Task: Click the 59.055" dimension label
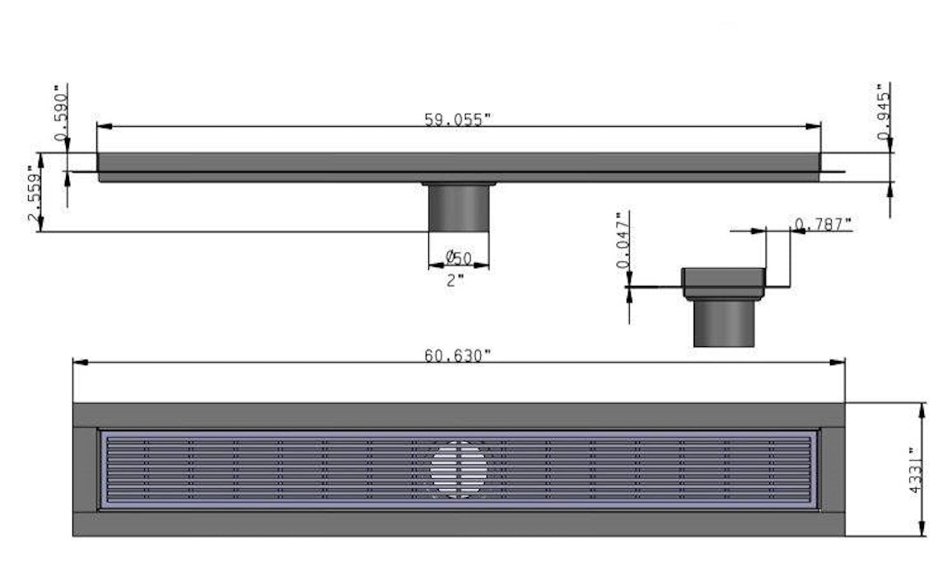[457, 119]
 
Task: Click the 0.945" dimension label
[884, 116]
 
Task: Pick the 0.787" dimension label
[823, 223]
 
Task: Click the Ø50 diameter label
[458, 258]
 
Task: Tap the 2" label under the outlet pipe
[455, 279]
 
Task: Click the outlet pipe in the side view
[459, 208]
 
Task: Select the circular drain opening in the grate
[458, 470]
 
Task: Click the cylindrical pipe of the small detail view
[723, 323]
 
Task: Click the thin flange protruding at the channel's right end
[833, 171]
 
